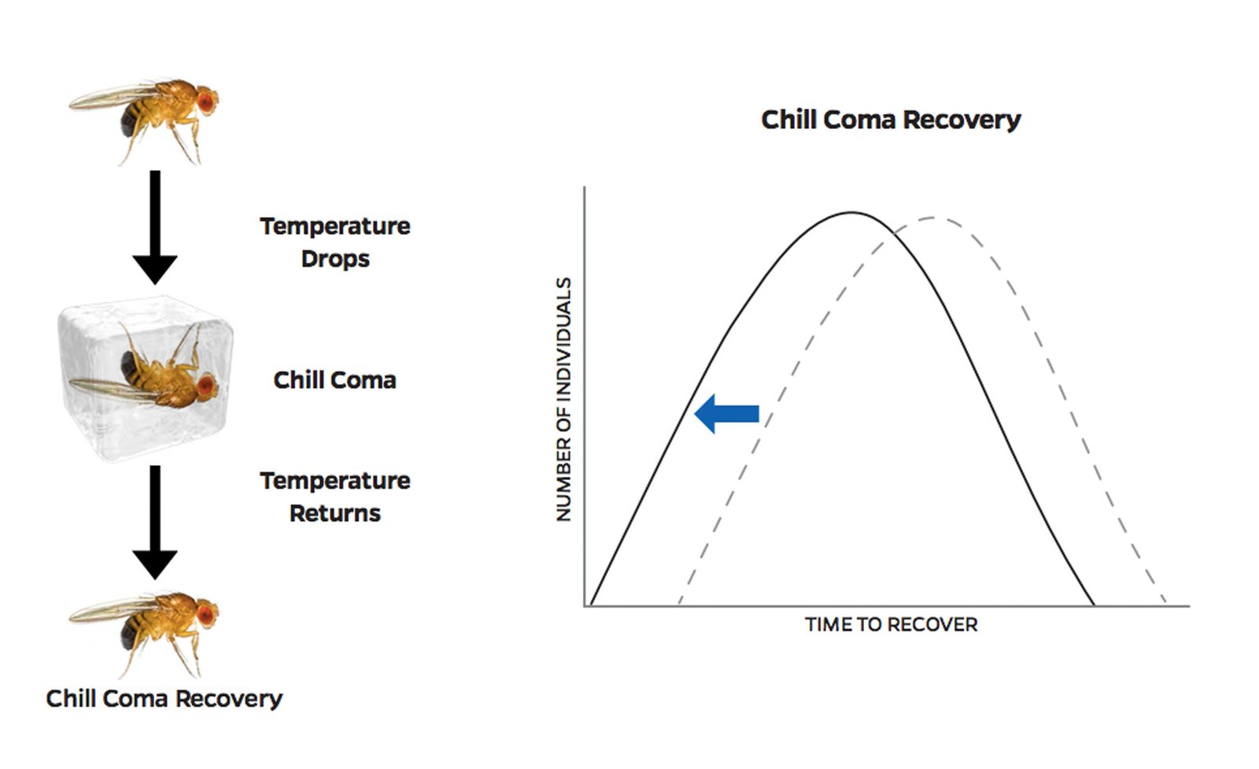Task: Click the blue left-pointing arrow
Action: click(x=727, y=414)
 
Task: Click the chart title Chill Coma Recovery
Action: click(x=891, y=120)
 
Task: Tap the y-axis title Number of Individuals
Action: click(x=563, y=399)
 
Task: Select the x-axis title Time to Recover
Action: click(x=891, y=624)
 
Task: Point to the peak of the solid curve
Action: click(x=852, y=213)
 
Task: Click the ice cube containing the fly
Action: click(x=145, y=379)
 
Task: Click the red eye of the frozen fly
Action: click(x=206, y=385)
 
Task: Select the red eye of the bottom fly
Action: click(x=206, y=615)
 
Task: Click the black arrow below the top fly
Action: click(x=155, y=227)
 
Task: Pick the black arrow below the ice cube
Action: click(x=155, y=522)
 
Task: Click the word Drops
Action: click(x=335, y=259)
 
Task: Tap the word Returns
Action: click(x=335, y=513)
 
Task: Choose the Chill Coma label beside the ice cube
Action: click(x=335, y=380)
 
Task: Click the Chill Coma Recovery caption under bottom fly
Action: click(x=164, y=699)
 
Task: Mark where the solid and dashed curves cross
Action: click(x=887, y=238)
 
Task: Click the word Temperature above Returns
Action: click(x=335, y=481)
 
